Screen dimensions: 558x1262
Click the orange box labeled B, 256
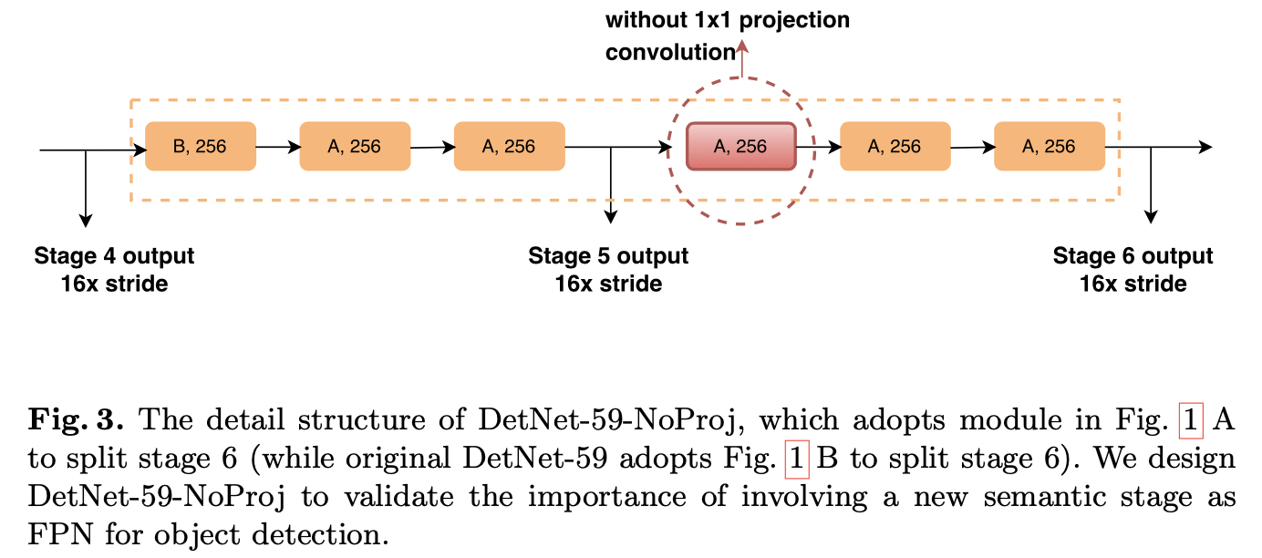click(201, 146)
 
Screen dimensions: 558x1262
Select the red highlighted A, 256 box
click(740, 147)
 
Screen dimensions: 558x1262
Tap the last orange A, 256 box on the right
click(1049, 146)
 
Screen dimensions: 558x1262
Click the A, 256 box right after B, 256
click(355, 146)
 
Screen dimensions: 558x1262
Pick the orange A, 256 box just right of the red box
click(895, 146)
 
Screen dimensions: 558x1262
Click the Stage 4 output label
click(114, 256)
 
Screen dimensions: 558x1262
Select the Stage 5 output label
click(608, 256)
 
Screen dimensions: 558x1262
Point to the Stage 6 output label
click(1133, 256)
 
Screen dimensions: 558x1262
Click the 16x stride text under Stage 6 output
click(1133, 284)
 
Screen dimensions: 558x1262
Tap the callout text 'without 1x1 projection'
click(728, 19)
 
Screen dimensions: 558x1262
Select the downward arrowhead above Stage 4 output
click(86, 219)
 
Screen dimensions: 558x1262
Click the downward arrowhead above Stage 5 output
click(610, 217)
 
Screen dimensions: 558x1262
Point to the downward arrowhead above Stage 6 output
click(1151, 217)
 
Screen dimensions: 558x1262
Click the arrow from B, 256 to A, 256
click(277, 146)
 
